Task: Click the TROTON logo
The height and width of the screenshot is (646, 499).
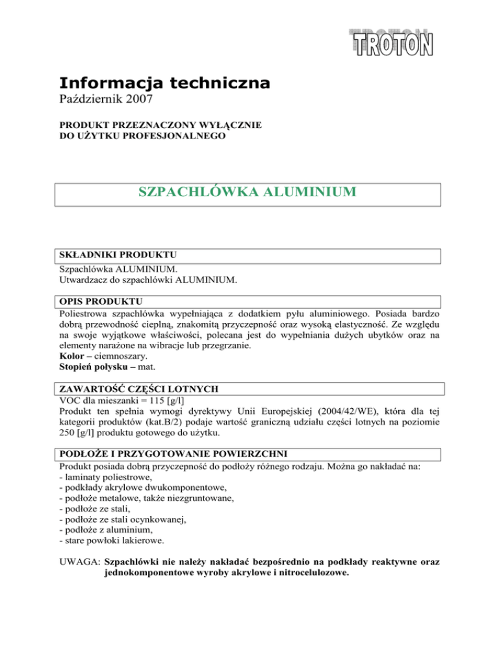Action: tap(393, 40)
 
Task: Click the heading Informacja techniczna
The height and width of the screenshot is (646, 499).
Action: tap(164, 83)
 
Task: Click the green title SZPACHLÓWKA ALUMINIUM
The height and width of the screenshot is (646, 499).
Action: tap(247, 192)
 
